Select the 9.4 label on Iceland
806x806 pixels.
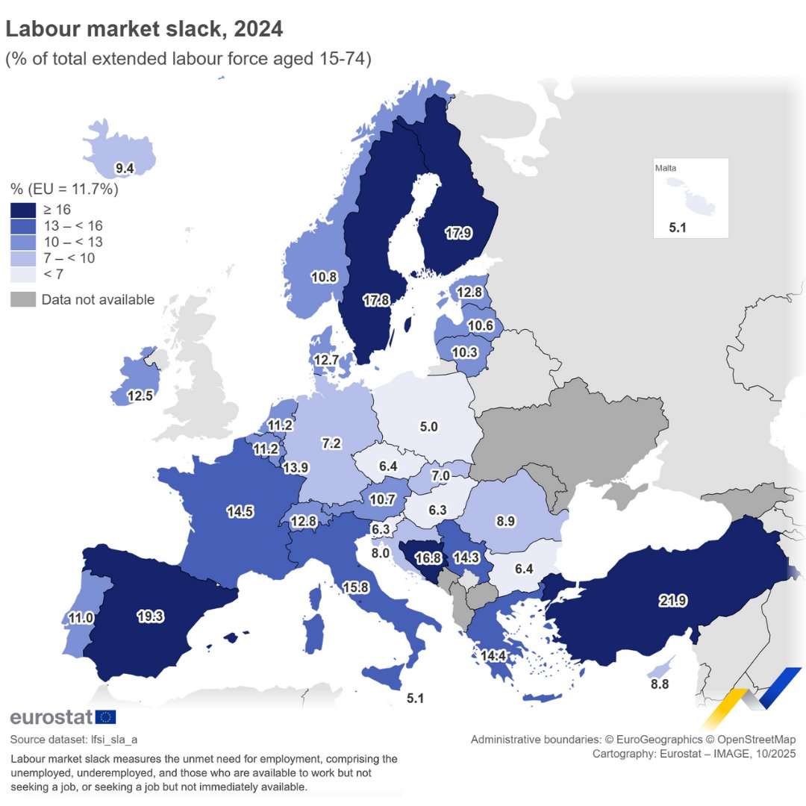(125, 169)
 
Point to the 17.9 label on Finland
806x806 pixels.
(457, 233)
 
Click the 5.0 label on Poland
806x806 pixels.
(428, 427)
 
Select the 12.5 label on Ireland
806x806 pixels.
(140, 395)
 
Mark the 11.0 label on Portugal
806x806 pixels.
(81, 618)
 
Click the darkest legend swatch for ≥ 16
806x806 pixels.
(23, 210)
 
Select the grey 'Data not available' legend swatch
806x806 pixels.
(23, 300)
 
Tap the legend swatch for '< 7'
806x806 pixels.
(23, 275)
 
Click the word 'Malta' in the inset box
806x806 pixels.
(666, 169)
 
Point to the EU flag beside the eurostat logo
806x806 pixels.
(105, 717)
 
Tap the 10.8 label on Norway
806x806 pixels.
(324, 277)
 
